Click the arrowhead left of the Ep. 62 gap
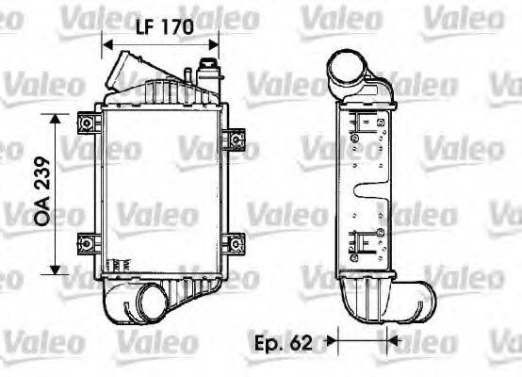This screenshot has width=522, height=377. (332, 337)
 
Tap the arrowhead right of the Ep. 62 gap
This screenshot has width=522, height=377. (395, 337)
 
